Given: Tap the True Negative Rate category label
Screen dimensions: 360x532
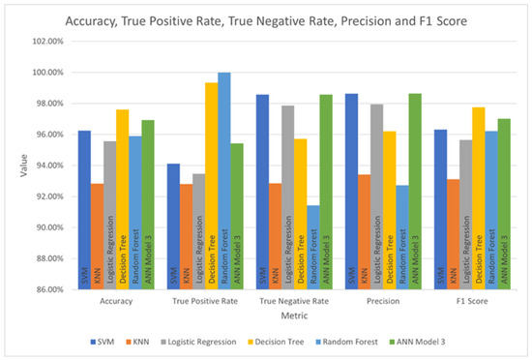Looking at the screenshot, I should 292,301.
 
